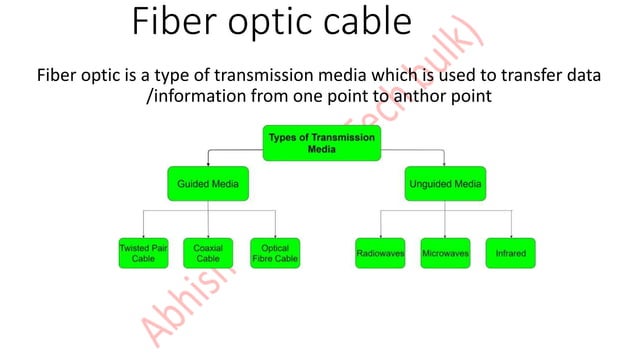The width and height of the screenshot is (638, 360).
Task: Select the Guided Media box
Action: (208, 185)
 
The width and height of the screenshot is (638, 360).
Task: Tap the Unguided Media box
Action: (445, 185)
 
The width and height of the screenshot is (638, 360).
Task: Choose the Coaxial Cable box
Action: (208, 252)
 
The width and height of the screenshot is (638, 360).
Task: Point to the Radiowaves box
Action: (380, 253)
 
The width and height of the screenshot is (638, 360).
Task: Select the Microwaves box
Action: (445, 253)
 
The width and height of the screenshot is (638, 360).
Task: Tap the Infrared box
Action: (511, 253)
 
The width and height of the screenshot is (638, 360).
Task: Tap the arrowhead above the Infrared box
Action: (511, 234)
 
